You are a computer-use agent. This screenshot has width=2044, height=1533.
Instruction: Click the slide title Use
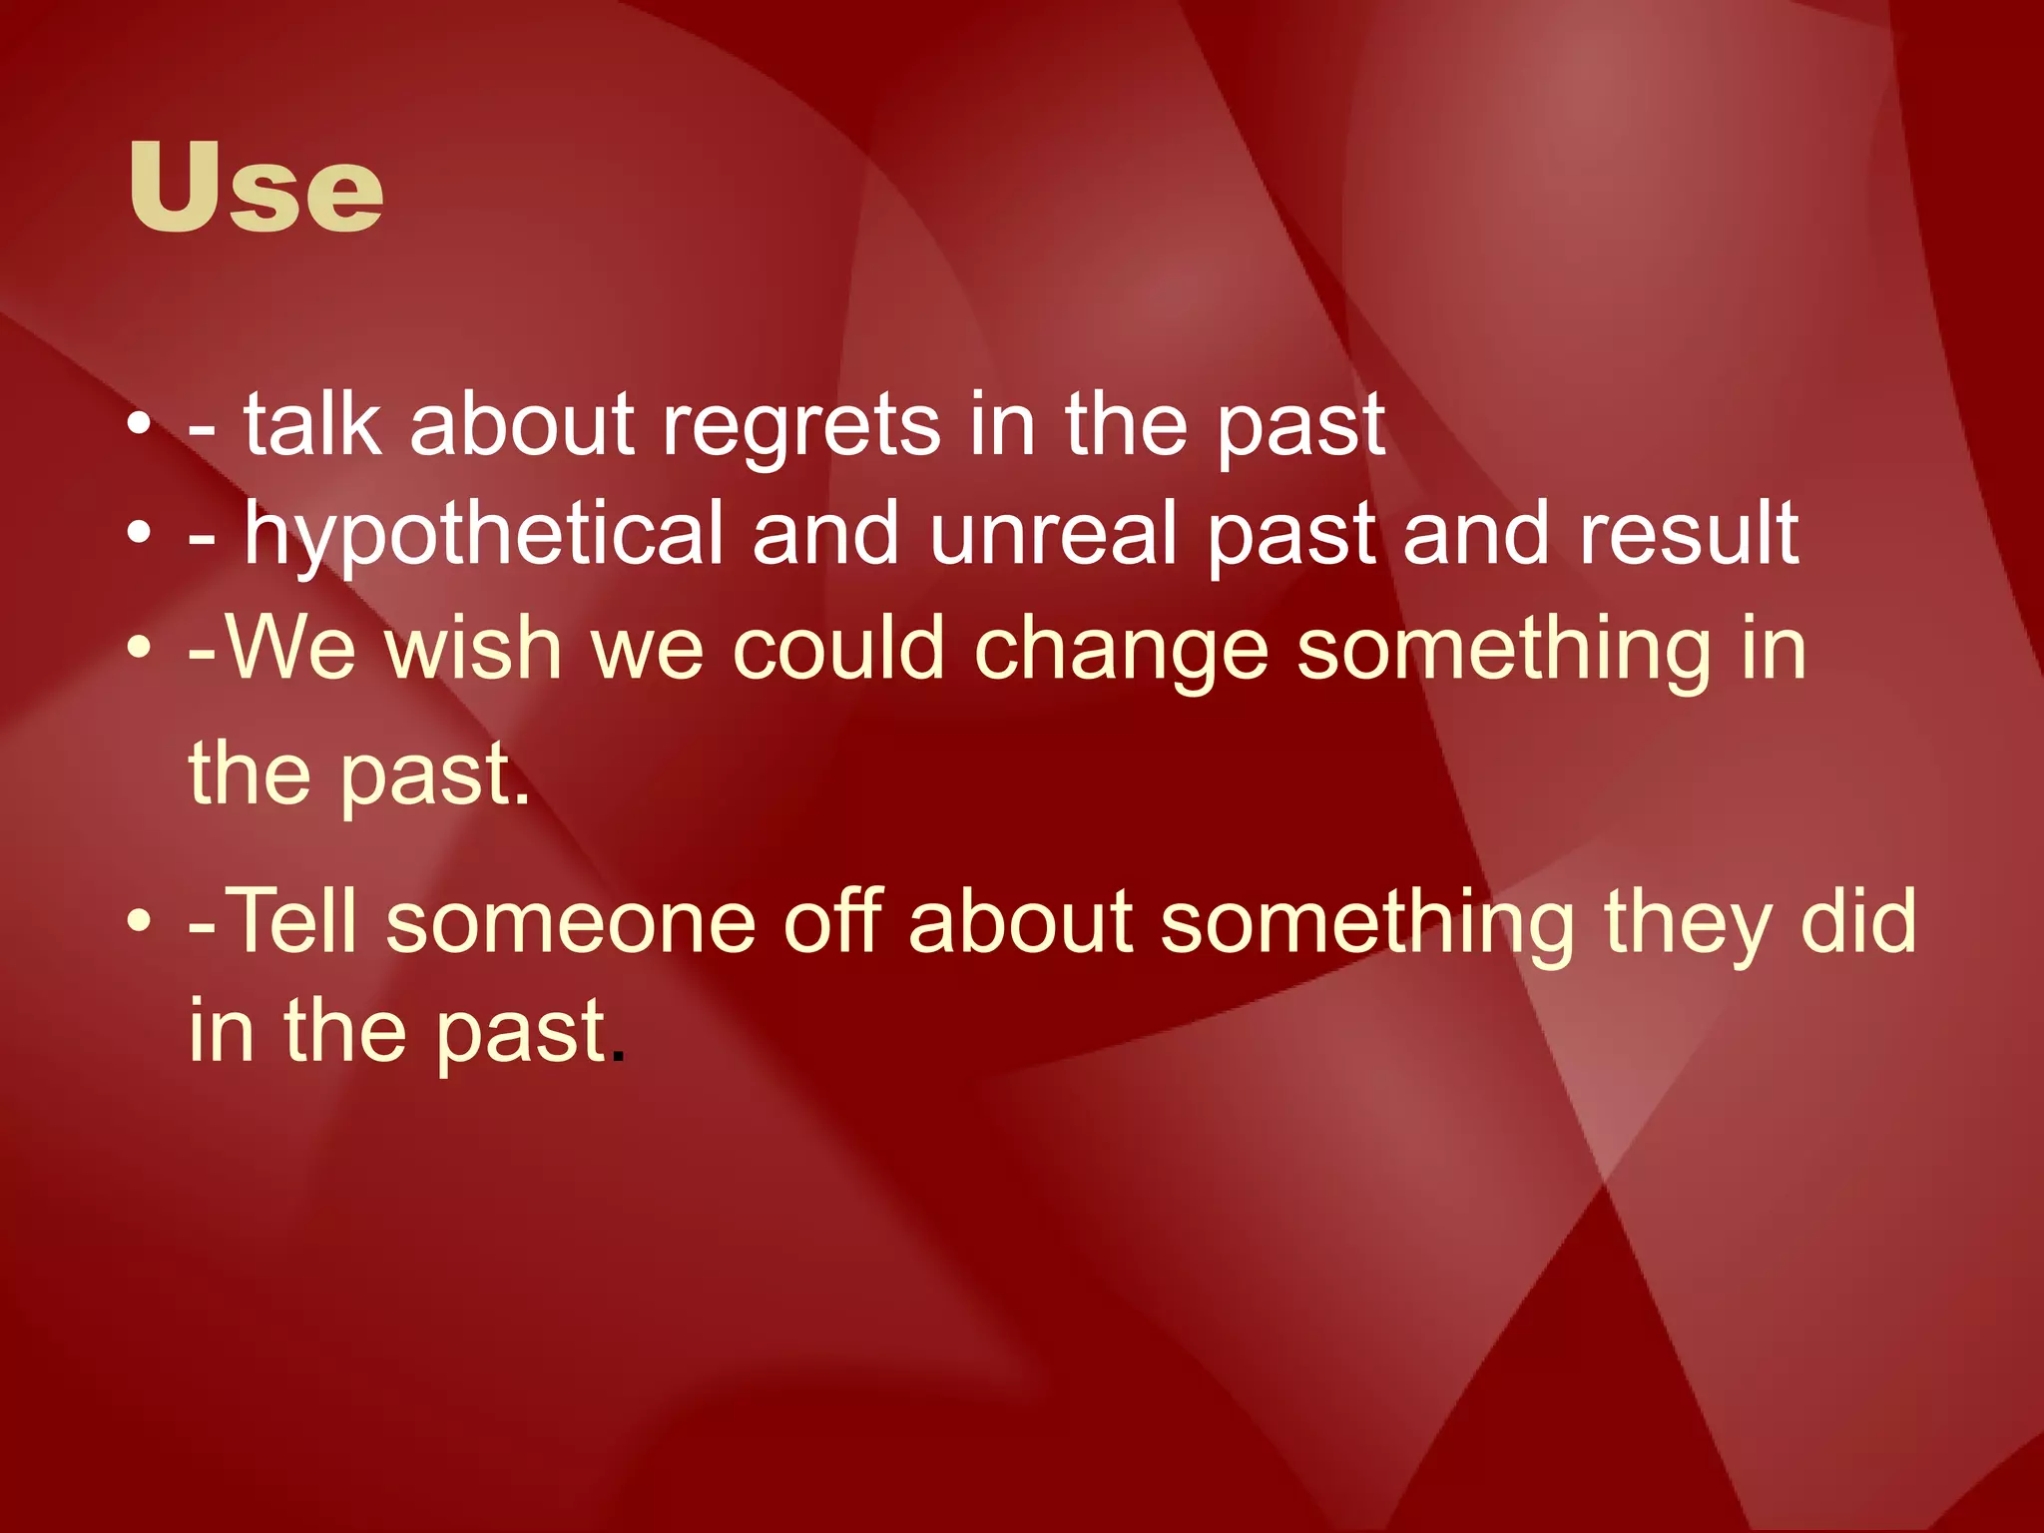point(255,188)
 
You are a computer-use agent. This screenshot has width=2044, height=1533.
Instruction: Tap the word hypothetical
point(483,537)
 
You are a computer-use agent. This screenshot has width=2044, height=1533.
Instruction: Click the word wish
point(473,649)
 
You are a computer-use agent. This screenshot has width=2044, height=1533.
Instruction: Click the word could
point(838,649)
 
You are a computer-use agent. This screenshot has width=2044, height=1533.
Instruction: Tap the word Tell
point(292,921)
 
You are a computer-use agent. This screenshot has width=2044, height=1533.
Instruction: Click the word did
point(1858,919)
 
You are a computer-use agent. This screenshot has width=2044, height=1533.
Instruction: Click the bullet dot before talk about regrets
point(139,427)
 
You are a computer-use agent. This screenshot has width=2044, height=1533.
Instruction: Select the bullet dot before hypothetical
point(139,536)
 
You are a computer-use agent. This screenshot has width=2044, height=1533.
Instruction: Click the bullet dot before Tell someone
point(139,921)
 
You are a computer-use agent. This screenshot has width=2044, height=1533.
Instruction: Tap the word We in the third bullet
point(290,649)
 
